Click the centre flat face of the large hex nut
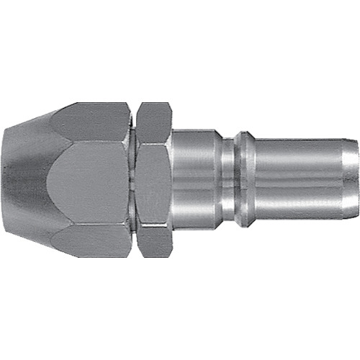coord(90,180)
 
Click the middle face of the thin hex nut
coord(154,180)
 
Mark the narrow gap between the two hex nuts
coord(133,180)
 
